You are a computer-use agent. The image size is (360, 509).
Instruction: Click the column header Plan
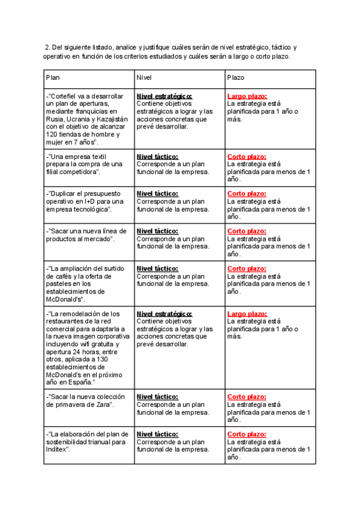click(53, 78)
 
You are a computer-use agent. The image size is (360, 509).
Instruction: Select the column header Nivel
click(144, 78)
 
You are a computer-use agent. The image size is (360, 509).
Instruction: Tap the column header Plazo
click(236, 78)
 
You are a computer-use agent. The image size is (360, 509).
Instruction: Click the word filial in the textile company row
click(53, 172)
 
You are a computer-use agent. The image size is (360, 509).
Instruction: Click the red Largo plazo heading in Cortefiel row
click(247, 96)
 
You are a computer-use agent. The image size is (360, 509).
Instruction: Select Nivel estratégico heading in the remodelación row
click(164, 314)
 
